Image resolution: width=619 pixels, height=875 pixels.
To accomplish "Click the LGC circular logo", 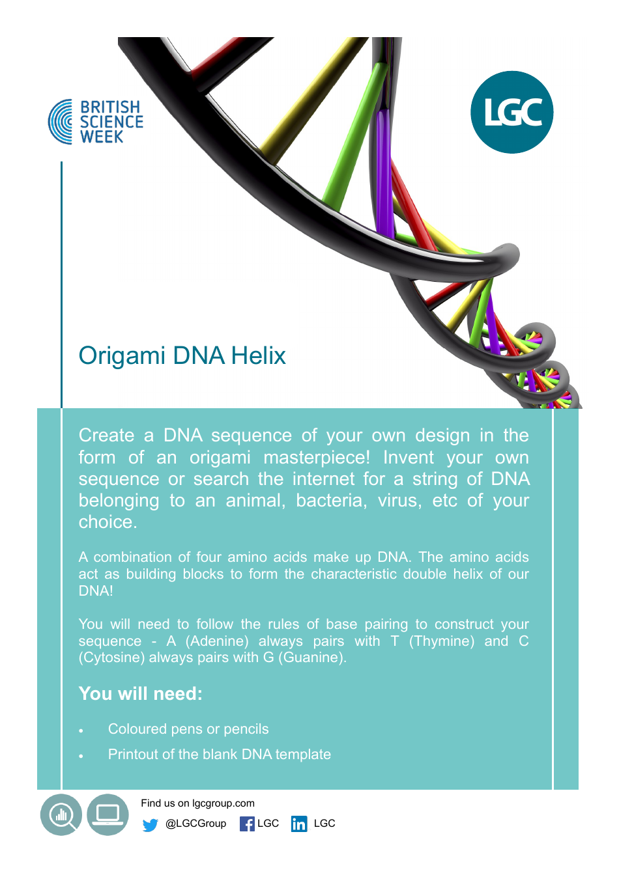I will pyautogui.click(x=511, y=112).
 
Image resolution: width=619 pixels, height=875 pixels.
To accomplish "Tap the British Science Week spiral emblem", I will pyautogui.click(x=61, y=122).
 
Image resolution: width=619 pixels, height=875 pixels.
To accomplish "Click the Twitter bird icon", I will pyautogui.click(x=151, y=825).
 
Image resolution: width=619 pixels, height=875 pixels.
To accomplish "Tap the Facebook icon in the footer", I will pyautogui.click(x=247, y=824).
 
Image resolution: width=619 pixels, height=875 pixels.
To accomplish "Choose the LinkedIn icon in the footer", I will pyautogui.click(x=299, y=824).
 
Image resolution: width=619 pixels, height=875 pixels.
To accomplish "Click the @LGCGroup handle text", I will pyautogui.click(x=195, y=824).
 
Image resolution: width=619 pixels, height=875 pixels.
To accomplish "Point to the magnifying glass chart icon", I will pyautogui.click(x=61, y=814).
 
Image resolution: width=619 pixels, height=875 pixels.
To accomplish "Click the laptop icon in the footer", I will pyautogui.click(x=108, y=814).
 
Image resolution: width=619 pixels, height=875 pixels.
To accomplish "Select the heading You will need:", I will pyautogui.click(x=141, y=694).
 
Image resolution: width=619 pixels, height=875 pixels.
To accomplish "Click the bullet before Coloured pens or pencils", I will pyautogui.click(x=81, y=731).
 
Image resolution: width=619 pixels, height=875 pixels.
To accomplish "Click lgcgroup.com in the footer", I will pyautogui.click(x=223, y=803).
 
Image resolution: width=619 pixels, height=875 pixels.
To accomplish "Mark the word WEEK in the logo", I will pyautogui.click(x=102, y=137).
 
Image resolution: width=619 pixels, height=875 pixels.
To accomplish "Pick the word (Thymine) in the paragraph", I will pyautogui.click(x=442, y=641).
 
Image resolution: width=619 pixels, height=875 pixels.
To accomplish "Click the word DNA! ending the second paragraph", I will pyautogui.click(x=96, y=591).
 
